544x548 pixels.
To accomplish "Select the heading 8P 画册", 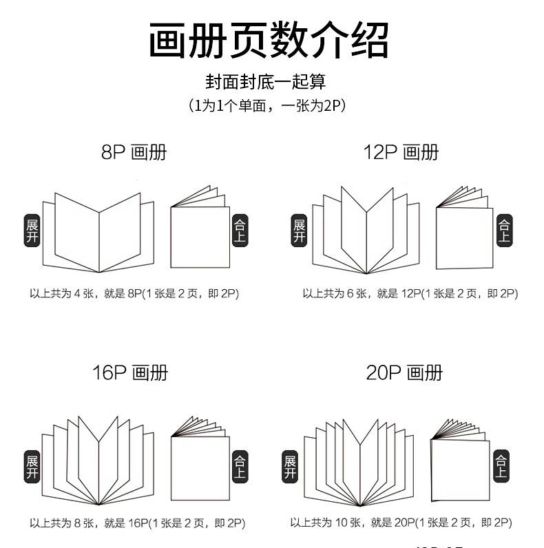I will coord(134,152).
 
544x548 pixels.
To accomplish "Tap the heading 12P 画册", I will coord(401,152).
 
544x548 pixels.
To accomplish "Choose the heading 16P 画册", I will coord(130,373).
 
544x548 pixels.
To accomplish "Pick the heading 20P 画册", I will coord(404,373).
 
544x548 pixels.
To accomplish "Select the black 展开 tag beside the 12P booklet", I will coord(299,232).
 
